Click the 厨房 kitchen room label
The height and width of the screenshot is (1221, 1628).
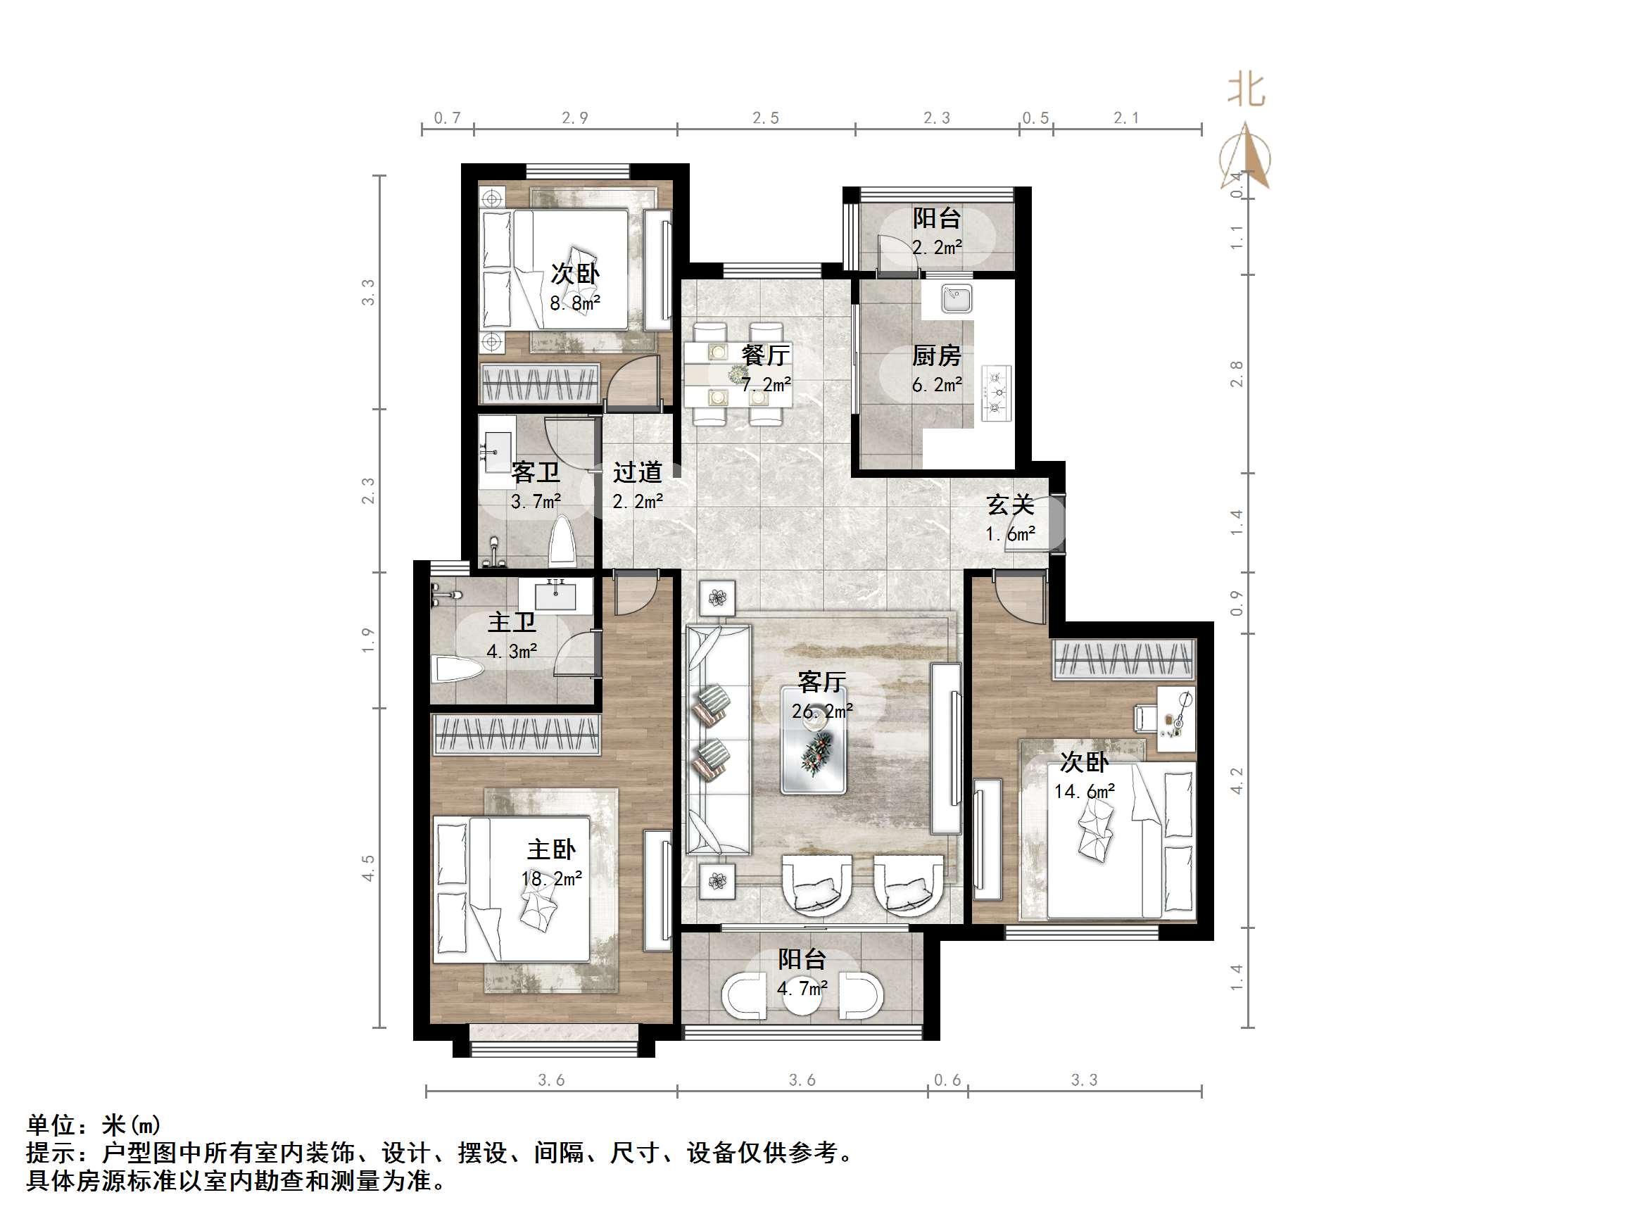point(936,356)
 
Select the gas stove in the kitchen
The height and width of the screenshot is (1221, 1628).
point(997,394)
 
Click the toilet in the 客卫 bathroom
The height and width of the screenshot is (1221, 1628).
point(563,540)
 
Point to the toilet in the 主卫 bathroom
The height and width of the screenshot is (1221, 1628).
point(456,670)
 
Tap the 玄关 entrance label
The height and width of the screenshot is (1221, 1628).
point(1010,505)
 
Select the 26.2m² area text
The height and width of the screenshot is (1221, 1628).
point(822,711)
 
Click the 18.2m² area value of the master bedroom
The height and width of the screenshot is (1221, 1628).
point(551,879)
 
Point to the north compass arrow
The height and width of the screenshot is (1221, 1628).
point(1245,158)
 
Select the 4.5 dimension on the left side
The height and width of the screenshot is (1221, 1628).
point(368,867)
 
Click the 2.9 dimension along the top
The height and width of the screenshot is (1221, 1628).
point(575,118)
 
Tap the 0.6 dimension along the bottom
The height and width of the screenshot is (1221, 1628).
point(947,1080)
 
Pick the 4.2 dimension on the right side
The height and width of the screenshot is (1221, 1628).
point(1237,780)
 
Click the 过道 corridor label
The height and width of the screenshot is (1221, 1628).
point(638,472)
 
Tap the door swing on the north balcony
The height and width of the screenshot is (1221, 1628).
point(894,253)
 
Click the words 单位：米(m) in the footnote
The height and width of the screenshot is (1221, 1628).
point(94,1125)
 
